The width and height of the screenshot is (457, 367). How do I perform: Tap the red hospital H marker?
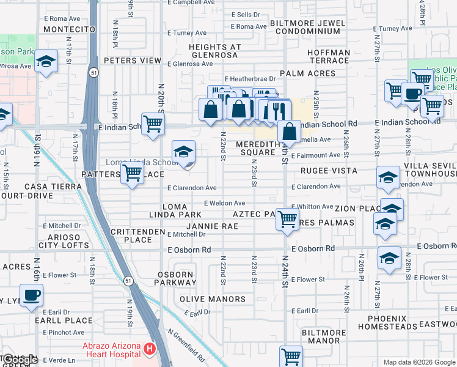point(150,349)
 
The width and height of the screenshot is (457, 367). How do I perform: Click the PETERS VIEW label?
point(133,61)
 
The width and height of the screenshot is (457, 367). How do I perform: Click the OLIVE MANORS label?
point(213,299)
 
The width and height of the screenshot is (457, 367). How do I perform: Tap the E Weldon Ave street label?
point(224,203)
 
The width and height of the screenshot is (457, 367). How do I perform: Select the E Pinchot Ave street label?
point(64,333)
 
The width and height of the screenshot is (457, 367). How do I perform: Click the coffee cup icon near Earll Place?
point(31,295)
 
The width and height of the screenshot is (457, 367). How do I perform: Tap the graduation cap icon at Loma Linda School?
point(183,153)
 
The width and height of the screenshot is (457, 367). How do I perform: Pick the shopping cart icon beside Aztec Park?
point(287,218)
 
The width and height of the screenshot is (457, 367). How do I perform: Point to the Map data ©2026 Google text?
point(419,362)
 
